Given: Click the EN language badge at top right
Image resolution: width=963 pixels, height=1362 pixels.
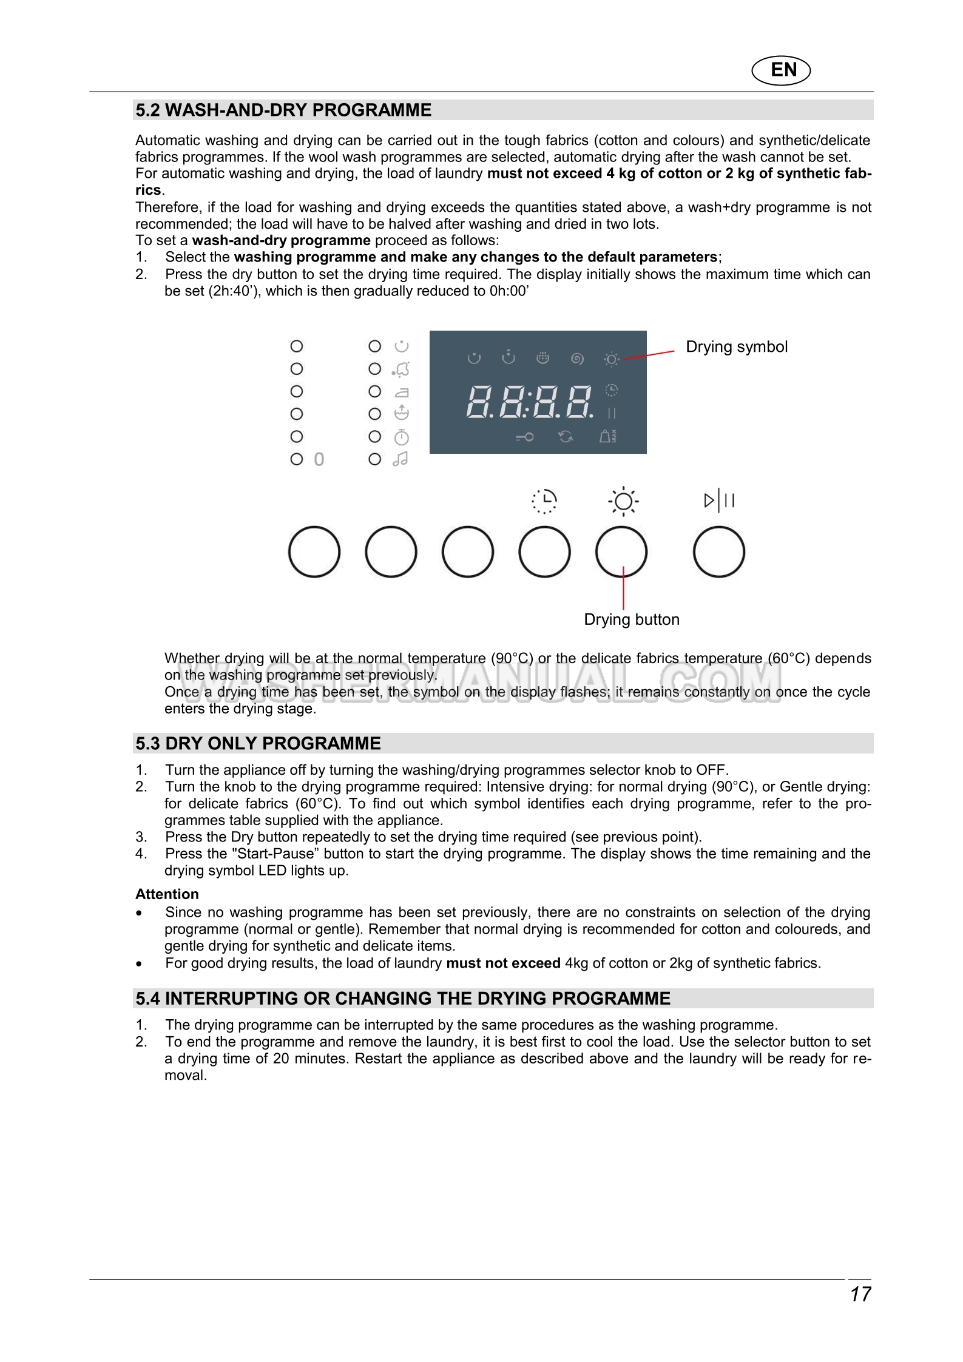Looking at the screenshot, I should [782, 70].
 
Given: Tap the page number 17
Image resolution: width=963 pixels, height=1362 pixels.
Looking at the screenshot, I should [860, 1294].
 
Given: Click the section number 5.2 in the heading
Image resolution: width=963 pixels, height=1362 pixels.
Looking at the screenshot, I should [147, 110].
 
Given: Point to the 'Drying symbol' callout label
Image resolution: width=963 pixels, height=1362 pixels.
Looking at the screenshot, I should [736, 347].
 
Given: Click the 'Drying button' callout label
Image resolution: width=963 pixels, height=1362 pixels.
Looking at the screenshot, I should [631, 619].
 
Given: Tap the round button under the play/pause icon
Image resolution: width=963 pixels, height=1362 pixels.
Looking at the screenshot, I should [718, 552].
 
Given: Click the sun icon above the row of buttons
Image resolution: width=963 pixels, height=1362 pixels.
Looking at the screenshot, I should [623, 502].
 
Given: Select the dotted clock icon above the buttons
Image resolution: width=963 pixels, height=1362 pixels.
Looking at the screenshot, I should [544, 501].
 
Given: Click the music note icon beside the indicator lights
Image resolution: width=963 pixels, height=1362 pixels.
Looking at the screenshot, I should [400, 459].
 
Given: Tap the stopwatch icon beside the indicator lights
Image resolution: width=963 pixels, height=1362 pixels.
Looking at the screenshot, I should [402, 437].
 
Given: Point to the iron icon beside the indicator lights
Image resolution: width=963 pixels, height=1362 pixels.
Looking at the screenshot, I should [402, 392].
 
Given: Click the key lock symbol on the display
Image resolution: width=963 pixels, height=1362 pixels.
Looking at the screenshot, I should [524, 437].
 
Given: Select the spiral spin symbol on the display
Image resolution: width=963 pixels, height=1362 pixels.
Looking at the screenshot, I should [577, 359].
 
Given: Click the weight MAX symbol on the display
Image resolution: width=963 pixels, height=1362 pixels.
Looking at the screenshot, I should [607, 436].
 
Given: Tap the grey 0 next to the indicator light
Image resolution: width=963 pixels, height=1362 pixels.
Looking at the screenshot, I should [319, 459].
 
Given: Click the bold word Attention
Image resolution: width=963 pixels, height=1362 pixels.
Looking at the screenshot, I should [167, 894].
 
